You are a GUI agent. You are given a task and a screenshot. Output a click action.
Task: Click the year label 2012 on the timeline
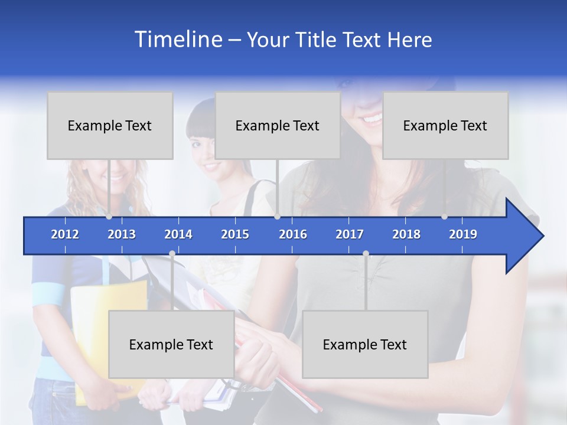coord(65,234)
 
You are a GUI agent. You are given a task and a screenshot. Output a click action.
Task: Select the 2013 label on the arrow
coord(122,234)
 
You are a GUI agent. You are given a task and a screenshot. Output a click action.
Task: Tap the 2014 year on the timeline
coord(178,234)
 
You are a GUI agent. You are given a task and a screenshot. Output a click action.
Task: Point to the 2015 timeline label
coord(235,234)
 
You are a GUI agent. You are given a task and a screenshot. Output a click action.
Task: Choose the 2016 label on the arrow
coord(293,234)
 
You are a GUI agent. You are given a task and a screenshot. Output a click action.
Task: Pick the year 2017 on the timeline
coord(350,234)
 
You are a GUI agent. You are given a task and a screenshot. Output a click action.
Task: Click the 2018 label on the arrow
coord(406,234)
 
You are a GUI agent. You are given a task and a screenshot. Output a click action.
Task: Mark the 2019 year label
coord(463,234)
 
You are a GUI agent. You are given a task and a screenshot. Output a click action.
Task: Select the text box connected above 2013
coord(110,125)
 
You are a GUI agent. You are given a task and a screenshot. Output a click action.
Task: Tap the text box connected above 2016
coord(278,125)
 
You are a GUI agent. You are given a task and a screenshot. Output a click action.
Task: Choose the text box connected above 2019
coord(445,125)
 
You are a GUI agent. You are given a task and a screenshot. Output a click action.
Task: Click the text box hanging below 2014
coord(171,344)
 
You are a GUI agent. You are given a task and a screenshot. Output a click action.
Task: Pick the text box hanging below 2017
coord(365,344)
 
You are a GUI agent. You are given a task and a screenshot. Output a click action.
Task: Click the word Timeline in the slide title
coord(178,39)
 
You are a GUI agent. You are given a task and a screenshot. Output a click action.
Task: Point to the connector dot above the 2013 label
coord(109,217)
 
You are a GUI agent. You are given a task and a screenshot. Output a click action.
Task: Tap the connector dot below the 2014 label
coord(172,254)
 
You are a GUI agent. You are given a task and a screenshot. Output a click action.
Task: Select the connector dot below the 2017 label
coord(366,254)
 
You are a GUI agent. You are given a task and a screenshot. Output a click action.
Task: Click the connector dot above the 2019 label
coord(444,217)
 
